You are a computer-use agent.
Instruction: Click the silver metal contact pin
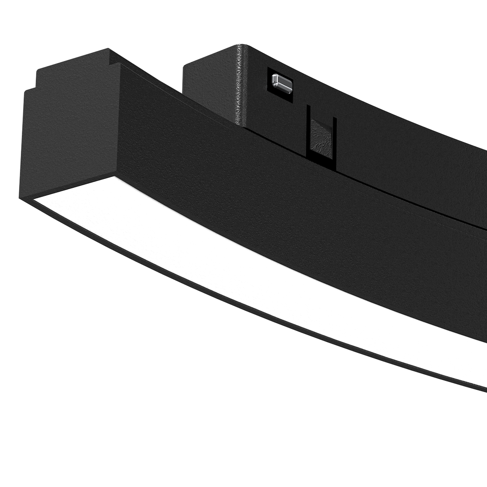click(x=280, y=82)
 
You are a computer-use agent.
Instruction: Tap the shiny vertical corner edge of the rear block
click(x=238, y=90)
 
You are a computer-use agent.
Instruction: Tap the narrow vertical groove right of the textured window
click(x=335, y=140)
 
